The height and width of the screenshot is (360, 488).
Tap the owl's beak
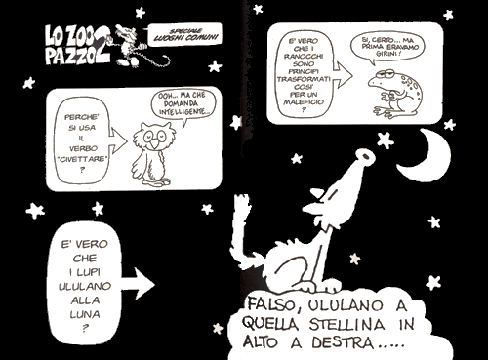pos(156,143)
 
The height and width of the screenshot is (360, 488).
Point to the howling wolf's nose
pos(365,156)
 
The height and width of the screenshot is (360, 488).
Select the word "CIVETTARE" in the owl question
pos(82,159)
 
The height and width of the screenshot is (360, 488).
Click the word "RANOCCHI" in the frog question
pos(304,57)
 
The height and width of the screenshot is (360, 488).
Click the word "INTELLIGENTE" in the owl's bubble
pos(183,112)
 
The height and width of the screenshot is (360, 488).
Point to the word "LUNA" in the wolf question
pos(85,315)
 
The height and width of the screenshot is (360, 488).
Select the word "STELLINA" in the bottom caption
pos(346,325)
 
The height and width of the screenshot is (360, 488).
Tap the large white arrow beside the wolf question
pos(137,284)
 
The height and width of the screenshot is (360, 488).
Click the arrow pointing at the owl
pos(118,140)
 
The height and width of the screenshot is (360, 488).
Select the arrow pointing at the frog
pos(343,75)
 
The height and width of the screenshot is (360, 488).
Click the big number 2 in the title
pos(102,50)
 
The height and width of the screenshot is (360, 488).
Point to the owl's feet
pos(157,182)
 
